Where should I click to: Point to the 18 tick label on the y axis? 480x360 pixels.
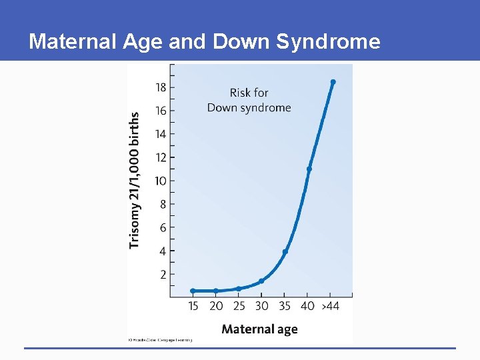click(161, 87)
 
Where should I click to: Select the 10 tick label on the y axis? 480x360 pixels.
click(161, 181)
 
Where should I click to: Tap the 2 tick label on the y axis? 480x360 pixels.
click(163, 274)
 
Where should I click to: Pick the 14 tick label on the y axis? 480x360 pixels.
click(161, 134)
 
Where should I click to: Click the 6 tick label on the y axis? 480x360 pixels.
click(163, 227)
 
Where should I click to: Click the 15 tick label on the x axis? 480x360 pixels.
click(193, 306)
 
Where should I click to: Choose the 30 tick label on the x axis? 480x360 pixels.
click(262, 306)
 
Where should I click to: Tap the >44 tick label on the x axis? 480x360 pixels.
click(331, 306)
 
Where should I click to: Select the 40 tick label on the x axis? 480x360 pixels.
click(308, 306)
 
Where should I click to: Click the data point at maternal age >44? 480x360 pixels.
click(333, 82)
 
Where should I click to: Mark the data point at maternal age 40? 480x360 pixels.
click(309, 169)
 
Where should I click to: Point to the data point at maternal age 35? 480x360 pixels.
click(285, 251)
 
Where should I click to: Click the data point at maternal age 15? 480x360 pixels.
click(193, 291)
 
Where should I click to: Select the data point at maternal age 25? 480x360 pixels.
click(239, 289)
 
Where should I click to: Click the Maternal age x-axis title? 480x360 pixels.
click(259, 329)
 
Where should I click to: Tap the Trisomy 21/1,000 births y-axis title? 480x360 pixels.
click(135, 180)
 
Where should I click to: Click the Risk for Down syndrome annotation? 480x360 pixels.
click(249, 100)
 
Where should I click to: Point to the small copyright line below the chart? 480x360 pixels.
click(160, 340)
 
